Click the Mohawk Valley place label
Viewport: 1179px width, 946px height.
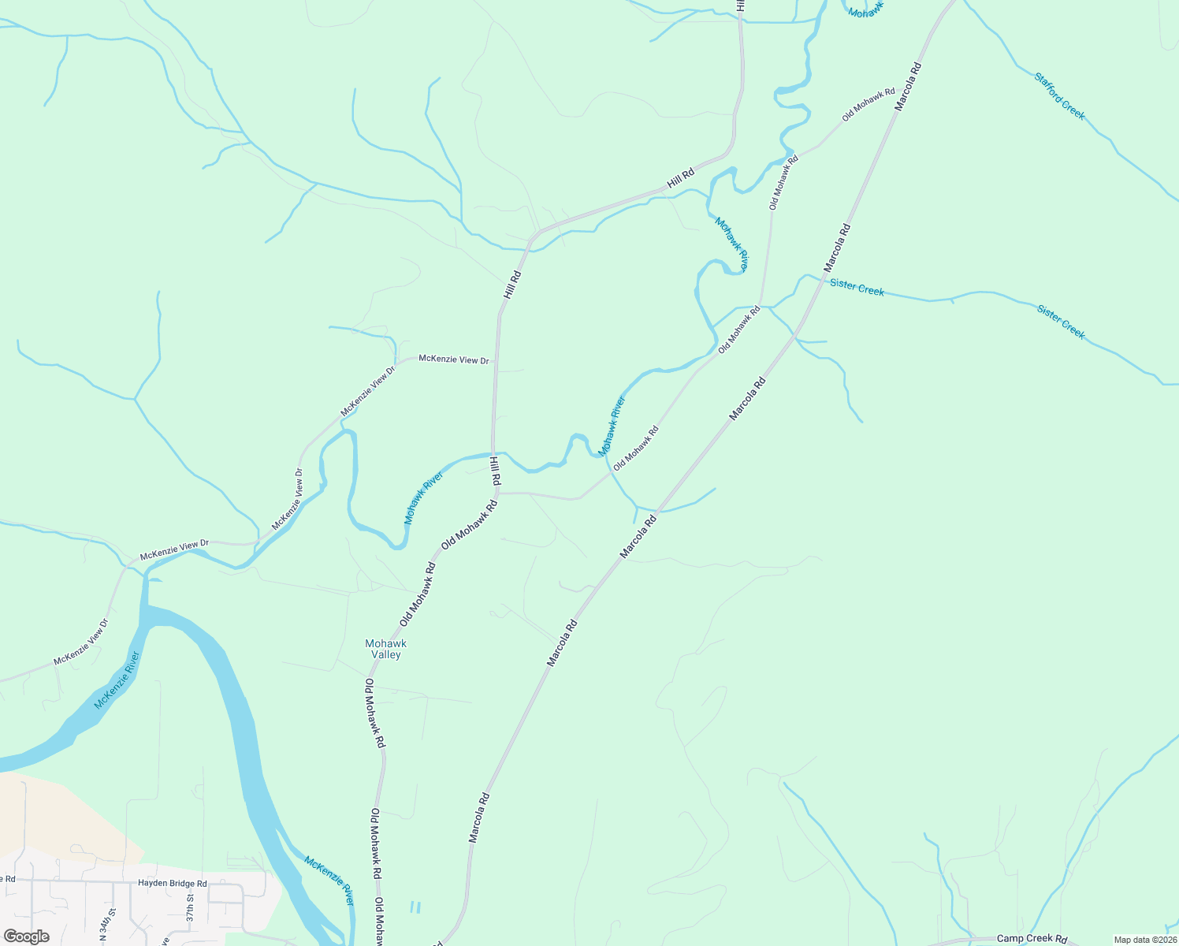[385, 649]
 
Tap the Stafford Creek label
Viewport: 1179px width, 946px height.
[1059, 96]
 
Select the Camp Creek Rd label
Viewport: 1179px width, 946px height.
[1032, 938]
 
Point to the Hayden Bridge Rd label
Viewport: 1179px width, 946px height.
[172, 884]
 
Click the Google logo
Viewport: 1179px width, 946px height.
[26, 937]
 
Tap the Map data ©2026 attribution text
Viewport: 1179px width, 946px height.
[1144, 940]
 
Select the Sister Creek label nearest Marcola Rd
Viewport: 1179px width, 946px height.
[857, 288]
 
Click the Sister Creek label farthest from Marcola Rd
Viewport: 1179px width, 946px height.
[1061, 322]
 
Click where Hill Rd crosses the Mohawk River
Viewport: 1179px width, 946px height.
[493, 454]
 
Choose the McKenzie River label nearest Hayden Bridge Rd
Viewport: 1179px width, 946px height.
[329, 881]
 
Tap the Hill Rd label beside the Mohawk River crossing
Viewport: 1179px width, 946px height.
[495, 470]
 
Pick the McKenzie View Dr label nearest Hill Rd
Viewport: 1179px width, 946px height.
[453, 359]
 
